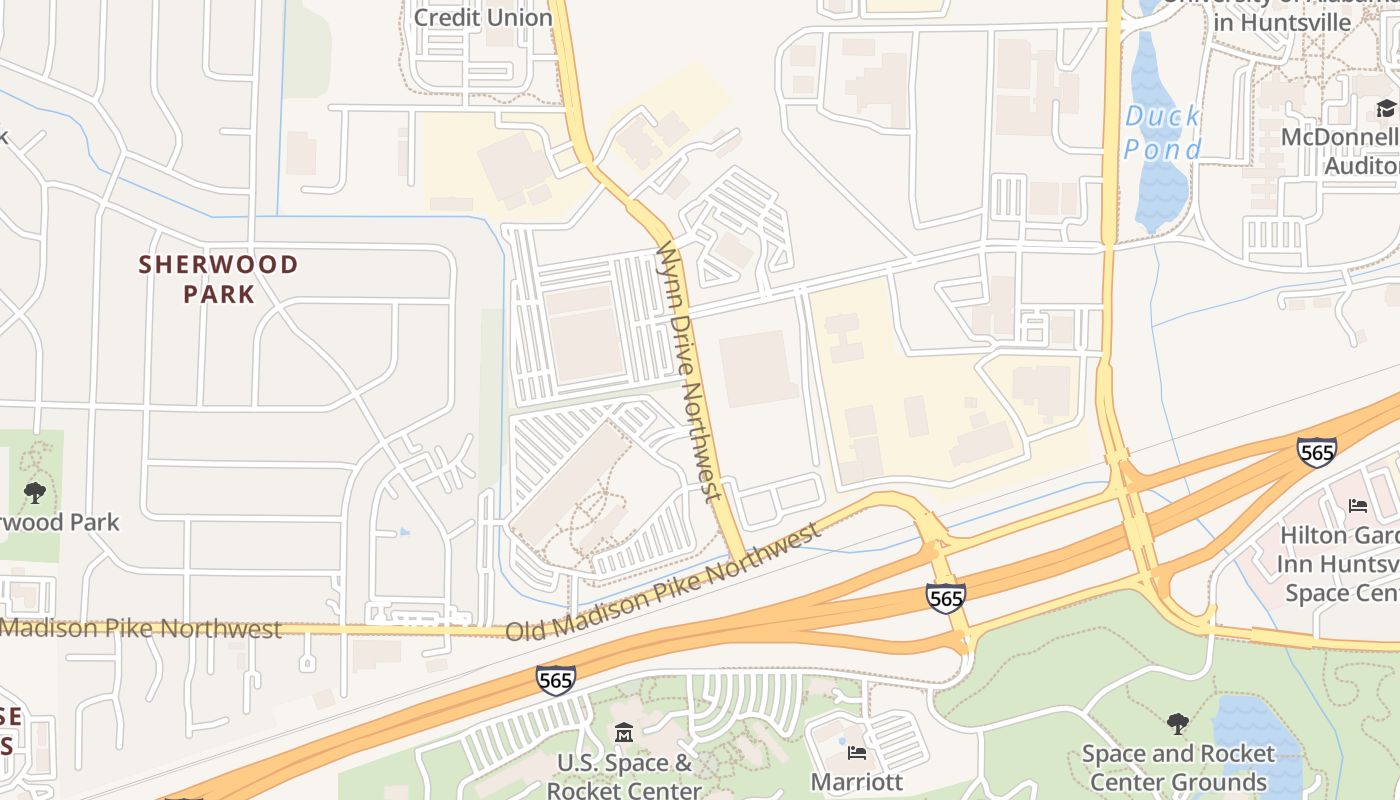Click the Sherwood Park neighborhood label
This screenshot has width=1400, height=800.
pos(218,279)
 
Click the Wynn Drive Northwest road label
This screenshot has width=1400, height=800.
pos(687,370)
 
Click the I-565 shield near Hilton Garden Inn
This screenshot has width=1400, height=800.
pos(1317,452)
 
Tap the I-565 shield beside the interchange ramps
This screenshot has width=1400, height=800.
pos(945,598)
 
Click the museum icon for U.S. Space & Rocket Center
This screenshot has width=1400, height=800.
pos(624,733)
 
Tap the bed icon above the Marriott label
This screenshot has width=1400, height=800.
pos(857,752)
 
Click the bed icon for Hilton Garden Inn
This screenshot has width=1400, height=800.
pos(1357,505)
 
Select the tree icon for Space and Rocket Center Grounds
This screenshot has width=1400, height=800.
pos(1178,723)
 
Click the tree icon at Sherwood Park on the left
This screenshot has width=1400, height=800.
pos(35,492)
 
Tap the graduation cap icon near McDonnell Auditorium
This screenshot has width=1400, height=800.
pos(1386,108)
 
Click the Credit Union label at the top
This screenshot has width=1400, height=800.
pos(482,17)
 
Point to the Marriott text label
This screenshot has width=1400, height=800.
pos(857,781)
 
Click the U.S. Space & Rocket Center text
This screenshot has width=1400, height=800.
pos(624,776)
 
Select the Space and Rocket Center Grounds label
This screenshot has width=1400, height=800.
pos(1178,767)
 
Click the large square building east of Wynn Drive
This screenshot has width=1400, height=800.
pos(757,368)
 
